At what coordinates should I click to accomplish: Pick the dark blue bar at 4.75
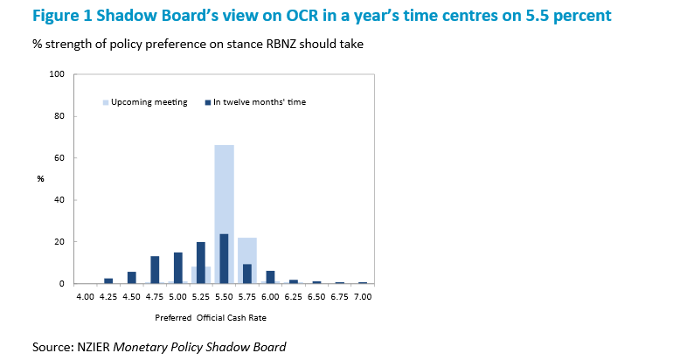pos(155,269)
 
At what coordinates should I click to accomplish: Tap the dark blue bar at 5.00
pos(177,267)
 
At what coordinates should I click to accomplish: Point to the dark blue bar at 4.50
pos(131,277)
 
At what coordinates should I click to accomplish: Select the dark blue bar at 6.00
pos(270,277)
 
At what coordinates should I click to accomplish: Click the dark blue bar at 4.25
pos(108,280)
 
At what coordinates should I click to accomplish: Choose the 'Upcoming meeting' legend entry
pos(149,102)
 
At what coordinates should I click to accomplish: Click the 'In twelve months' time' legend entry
pos(259,102)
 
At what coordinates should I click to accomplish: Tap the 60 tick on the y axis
pos(60,158)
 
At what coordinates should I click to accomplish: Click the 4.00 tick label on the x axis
pos(85,297)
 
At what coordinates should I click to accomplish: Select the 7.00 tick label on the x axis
pos(363,297)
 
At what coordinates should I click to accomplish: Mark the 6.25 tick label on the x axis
pos(294,297)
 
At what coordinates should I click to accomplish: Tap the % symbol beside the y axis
pos(40,179)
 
